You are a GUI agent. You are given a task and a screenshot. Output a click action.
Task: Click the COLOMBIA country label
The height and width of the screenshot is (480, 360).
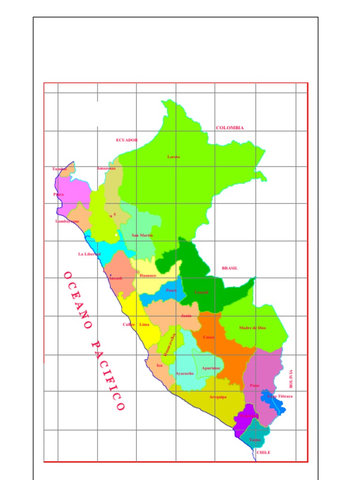click(x=230, y=128)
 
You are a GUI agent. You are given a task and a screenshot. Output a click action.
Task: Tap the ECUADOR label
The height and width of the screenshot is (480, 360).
click(x=127, y=140)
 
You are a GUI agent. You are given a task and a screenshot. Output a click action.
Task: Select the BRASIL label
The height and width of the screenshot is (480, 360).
click(x=230, y=269)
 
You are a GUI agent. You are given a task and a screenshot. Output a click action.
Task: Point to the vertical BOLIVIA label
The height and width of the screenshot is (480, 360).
click(x=291, y=379)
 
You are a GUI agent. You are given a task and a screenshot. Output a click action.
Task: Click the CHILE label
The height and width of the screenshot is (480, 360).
click(x=264, y=453)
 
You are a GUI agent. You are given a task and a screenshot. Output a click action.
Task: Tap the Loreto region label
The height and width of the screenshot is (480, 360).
click(x=173, y=157)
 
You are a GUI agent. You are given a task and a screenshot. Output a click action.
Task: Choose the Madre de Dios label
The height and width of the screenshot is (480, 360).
click(x=252, y=328)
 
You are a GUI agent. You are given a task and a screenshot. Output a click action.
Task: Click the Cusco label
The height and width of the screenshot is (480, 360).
click(x=209, y=337)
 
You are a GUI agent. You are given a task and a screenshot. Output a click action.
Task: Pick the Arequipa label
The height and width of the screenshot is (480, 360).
click(x=218, y=397)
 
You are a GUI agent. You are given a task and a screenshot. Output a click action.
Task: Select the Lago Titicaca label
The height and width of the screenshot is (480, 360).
click(x=280, y=397)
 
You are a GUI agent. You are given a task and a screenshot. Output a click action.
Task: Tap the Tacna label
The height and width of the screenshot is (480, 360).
click(x=255, y=440)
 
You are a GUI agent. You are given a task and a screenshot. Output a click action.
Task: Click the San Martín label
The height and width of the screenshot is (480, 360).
click(x=142, y=235)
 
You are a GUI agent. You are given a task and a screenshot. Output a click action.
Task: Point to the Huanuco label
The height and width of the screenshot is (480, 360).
click(x=148, y=276)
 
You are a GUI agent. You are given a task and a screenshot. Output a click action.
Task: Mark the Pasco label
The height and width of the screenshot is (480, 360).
click(x=171, y=291)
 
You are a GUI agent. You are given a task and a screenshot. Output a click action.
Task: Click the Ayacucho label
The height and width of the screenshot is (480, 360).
click(x=185, y=374)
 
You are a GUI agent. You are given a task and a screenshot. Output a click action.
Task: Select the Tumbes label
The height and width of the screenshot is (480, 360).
click(x=60, y=169)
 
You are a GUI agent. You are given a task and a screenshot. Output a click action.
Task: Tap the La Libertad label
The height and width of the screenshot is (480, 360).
click(x=89, y=254)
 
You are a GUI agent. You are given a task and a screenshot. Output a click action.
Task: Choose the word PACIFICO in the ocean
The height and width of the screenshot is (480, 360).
click(x=107, y=375)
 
